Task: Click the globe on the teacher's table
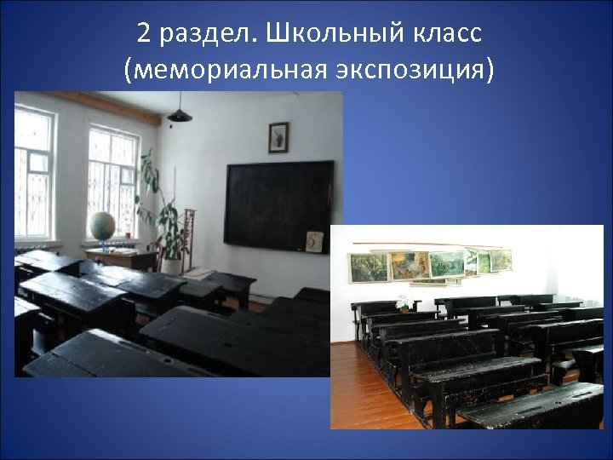[x=101, y=227]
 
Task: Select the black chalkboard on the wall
[x=278, y=203]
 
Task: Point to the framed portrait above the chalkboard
[x=278, y=137]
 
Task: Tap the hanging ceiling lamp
[x=180, y=114]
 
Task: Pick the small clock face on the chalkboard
[x=314, y=241]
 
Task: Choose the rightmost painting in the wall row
[x=502, y=259]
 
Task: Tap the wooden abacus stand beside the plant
[x=190, y=234]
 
